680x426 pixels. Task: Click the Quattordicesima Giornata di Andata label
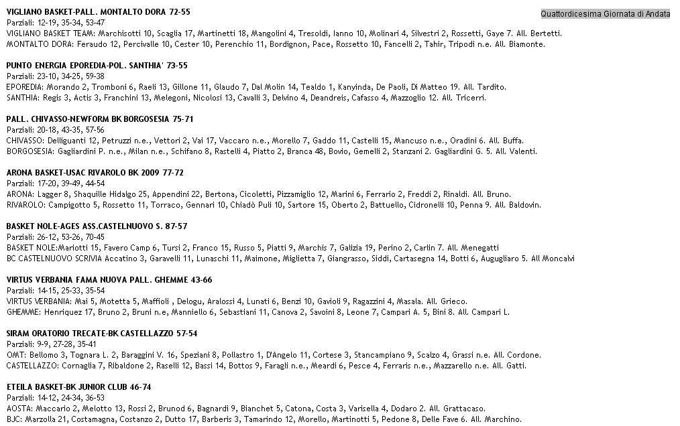point(605,13)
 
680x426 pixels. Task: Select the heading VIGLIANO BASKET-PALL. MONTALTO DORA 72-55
point(98,12)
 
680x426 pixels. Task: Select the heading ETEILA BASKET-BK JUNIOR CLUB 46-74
point(78,387)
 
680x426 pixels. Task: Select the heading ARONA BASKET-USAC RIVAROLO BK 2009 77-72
point(95,173)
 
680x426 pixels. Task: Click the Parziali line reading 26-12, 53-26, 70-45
point(56,237)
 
